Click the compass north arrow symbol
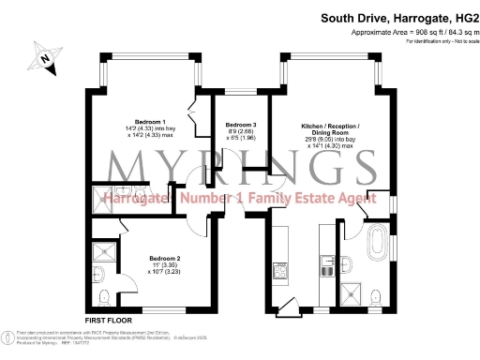click(44, 60)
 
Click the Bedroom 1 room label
click(150, 123)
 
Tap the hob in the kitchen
click(278, 273)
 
